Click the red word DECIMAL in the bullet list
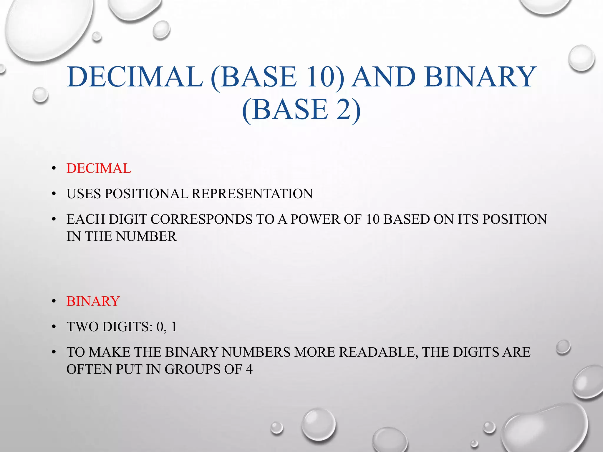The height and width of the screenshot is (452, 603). click(99, 169)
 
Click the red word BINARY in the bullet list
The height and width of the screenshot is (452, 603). click(93, 301)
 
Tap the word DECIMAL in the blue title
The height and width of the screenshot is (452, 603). click(135, 77)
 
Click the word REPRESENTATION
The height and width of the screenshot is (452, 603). click(252, 194)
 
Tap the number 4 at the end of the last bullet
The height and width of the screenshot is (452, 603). click(249, 370)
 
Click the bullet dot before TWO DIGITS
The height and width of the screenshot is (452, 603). click(53, 327)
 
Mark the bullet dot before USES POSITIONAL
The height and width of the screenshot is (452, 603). click(53, 194)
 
